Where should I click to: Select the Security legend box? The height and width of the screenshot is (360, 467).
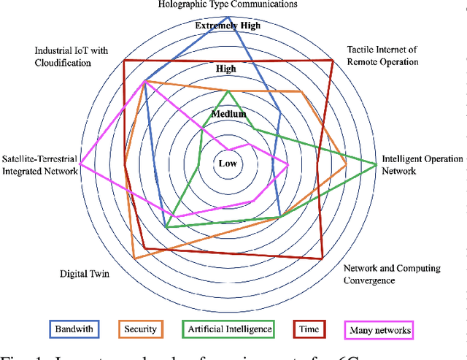tap(141, 329)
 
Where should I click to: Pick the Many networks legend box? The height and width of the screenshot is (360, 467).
tap(378, 330)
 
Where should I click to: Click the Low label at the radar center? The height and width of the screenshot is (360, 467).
tap(228, 163)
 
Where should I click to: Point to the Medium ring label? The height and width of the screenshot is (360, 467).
tap(228, 115)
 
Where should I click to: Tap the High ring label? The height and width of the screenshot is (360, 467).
tap(227, 69)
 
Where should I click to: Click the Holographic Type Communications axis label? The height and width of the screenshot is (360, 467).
tap(228, 4)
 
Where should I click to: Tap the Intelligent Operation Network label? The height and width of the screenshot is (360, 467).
tap(422, 165)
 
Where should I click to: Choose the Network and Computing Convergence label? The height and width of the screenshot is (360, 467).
tap(391, 274)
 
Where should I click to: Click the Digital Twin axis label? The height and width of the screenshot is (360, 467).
tap(84, 274)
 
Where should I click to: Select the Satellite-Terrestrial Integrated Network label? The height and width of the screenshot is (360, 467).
tap(39, 165)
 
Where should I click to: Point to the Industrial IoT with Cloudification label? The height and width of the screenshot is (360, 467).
tap(74, 56)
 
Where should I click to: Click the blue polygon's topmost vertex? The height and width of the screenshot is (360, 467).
tap(228, 17)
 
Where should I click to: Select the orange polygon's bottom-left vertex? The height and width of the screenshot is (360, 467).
tap(134, 259)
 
